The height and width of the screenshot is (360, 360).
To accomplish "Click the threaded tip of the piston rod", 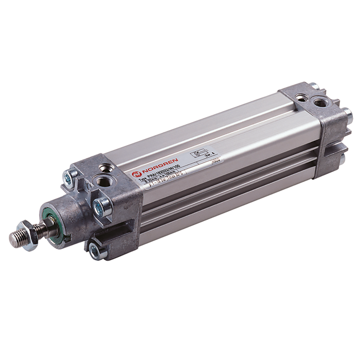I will tap(15, 238).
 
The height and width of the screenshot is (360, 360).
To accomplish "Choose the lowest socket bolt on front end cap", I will tap(95, 251).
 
